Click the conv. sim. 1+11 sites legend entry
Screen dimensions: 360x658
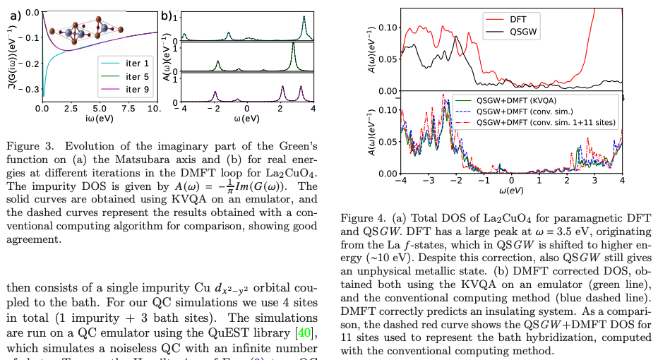pos(537,122)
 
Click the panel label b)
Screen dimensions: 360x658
pos(167,14)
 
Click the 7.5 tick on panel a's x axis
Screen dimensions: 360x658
pos(128,109)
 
